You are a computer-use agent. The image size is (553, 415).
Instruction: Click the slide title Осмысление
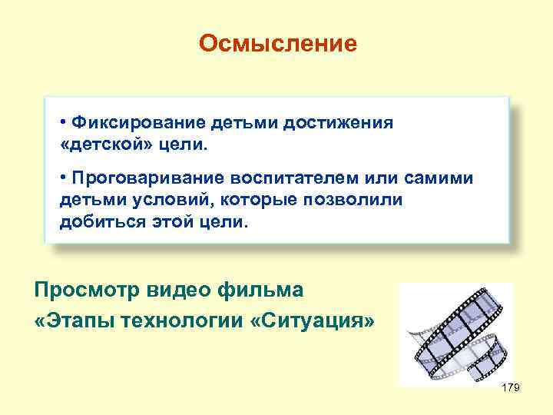coord(277,43)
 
